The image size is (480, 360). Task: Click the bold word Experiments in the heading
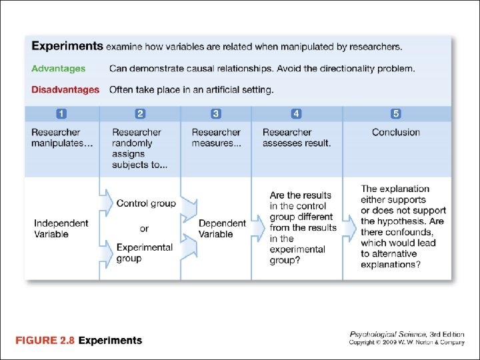click(x=67, y=47)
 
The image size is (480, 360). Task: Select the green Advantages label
click(x=59, y=69)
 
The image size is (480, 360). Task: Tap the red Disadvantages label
click(x=65, y=90)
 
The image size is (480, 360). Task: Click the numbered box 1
click(x=62, y=113)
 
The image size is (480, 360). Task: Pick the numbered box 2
click(x=141, y=113)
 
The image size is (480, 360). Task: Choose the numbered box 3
click(x=216, y=113)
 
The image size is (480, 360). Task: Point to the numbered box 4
click(x=297, y=113)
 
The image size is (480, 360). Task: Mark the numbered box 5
click(x=396, y=113)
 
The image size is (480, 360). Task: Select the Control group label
click(x=146, y=203)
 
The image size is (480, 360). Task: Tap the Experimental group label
click(x=145, y=253)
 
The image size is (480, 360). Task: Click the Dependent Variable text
click(x=222, y=229)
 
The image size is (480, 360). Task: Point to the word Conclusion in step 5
click(x=396, y=133)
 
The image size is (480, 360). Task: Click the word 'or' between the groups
click(x=144, y=229)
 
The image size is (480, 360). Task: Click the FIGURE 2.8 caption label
click(x=44, y=341)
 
